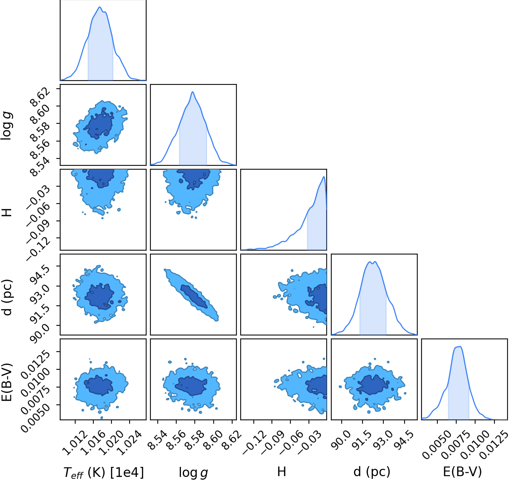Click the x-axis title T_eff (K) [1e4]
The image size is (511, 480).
click(103, 472)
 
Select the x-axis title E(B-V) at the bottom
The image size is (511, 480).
click(462, 472)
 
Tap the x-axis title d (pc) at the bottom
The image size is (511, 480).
click(372, 472)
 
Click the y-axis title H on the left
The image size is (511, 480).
click(7, 212)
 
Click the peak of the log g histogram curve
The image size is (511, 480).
click(192, 92)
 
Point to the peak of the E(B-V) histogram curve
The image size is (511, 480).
click(460, 346)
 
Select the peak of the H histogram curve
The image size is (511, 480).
click(324, 177)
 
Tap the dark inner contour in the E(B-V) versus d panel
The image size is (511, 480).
click(373, 384)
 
